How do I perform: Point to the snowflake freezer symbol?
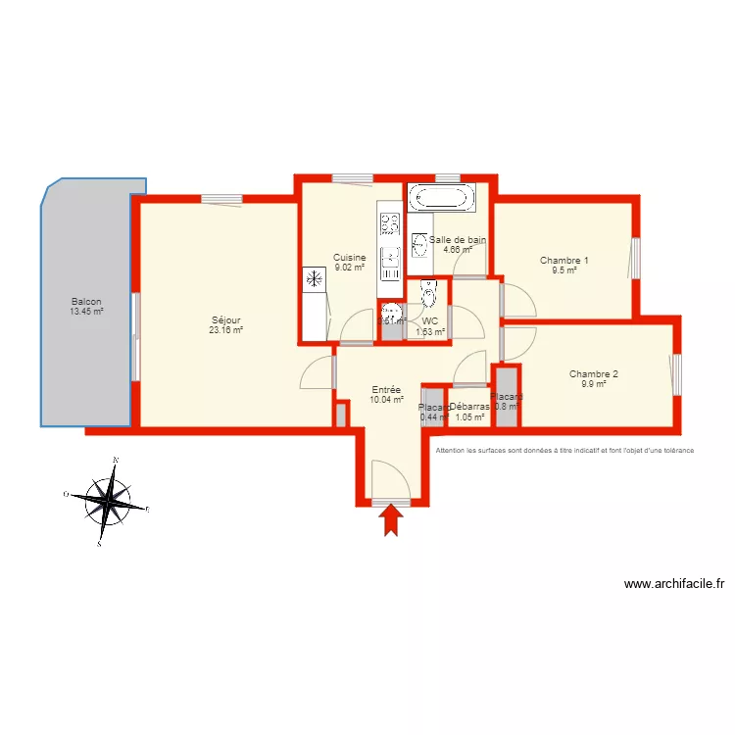pos(315,279)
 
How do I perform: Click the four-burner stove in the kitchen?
pos(389,224)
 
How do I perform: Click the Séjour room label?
pos(225,319)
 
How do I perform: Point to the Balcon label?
pos(86,302)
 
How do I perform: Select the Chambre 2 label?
pos(594,373)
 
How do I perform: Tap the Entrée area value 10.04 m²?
pos(386,400)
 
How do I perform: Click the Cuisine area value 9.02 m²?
pos(349,267)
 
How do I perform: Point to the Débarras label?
pos(469,407)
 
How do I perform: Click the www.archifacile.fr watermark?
pos(674,584)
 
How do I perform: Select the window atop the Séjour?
pos(221,199)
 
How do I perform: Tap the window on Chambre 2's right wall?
pos(676,374)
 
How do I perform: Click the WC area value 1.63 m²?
pos(430,331)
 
